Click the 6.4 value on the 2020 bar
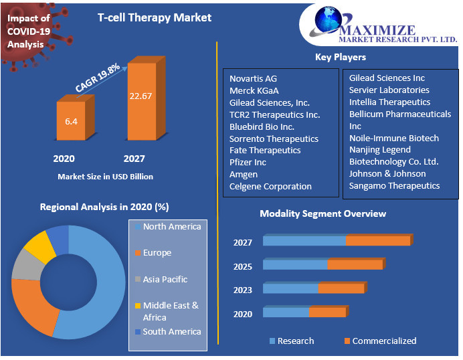pos(71,121)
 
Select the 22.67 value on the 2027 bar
pos(141,96)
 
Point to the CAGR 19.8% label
pos(97,78)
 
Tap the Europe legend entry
pos(153,253)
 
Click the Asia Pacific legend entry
pos(161,280)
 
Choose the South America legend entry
pos(168,332)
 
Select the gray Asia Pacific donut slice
pos(26,266)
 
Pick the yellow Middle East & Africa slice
pos(41,246)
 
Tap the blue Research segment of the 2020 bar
pos(286,312)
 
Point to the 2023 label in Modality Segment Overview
pos(243,290)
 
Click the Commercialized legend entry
pos(380,341)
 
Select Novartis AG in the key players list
pos(253,79)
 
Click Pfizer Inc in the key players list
pos(248,163)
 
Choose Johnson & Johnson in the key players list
pos(387,174)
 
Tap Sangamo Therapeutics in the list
pos(394,186)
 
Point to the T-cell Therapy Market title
pos(155,17)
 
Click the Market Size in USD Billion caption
pos(106,177)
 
